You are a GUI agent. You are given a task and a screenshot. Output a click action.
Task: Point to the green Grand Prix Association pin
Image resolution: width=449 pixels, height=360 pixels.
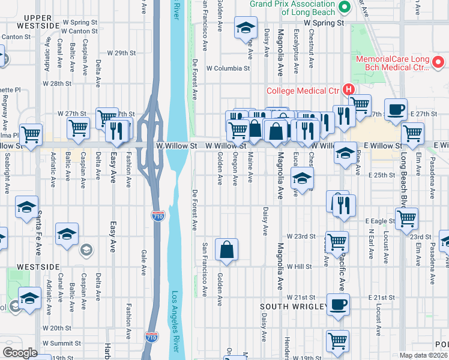[x=344, y=7]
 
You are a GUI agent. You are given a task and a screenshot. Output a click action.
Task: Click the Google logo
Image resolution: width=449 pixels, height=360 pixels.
[x=20, y=353]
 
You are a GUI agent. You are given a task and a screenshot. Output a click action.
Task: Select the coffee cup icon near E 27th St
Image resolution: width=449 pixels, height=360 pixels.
[x=396, y=110]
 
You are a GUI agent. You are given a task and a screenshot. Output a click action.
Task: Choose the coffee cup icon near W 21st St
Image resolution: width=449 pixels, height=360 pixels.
[x=338, y=304]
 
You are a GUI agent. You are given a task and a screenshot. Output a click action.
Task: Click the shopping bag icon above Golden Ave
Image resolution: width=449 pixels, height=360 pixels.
[x=226, y=250]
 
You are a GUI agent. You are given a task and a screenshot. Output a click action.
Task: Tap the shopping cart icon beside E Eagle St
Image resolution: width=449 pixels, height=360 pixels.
[x=407, y=220]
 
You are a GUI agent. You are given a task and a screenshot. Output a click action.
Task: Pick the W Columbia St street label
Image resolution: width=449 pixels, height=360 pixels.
[x=228, y=68]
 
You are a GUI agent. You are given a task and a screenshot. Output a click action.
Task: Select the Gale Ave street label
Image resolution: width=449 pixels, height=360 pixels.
[x=143, y=262]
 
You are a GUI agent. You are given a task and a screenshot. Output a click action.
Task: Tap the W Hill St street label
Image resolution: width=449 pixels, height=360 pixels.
[x=301, y=266]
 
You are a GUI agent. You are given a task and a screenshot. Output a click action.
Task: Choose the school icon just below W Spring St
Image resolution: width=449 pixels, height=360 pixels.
[x=245, y=29]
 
